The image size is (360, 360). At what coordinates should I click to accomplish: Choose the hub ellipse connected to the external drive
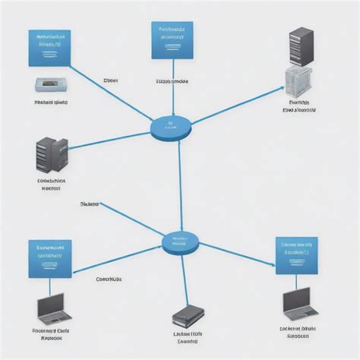click(x=180, y=244)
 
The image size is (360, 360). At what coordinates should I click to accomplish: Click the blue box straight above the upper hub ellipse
click(x=173, y=39)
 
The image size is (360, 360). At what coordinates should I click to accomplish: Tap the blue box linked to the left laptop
click(x=50, y=259)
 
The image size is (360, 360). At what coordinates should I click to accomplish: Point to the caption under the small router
click(x=51, y=100)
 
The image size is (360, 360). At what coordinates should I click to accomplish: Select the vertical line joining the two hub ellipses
click(x=180, y=186)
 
